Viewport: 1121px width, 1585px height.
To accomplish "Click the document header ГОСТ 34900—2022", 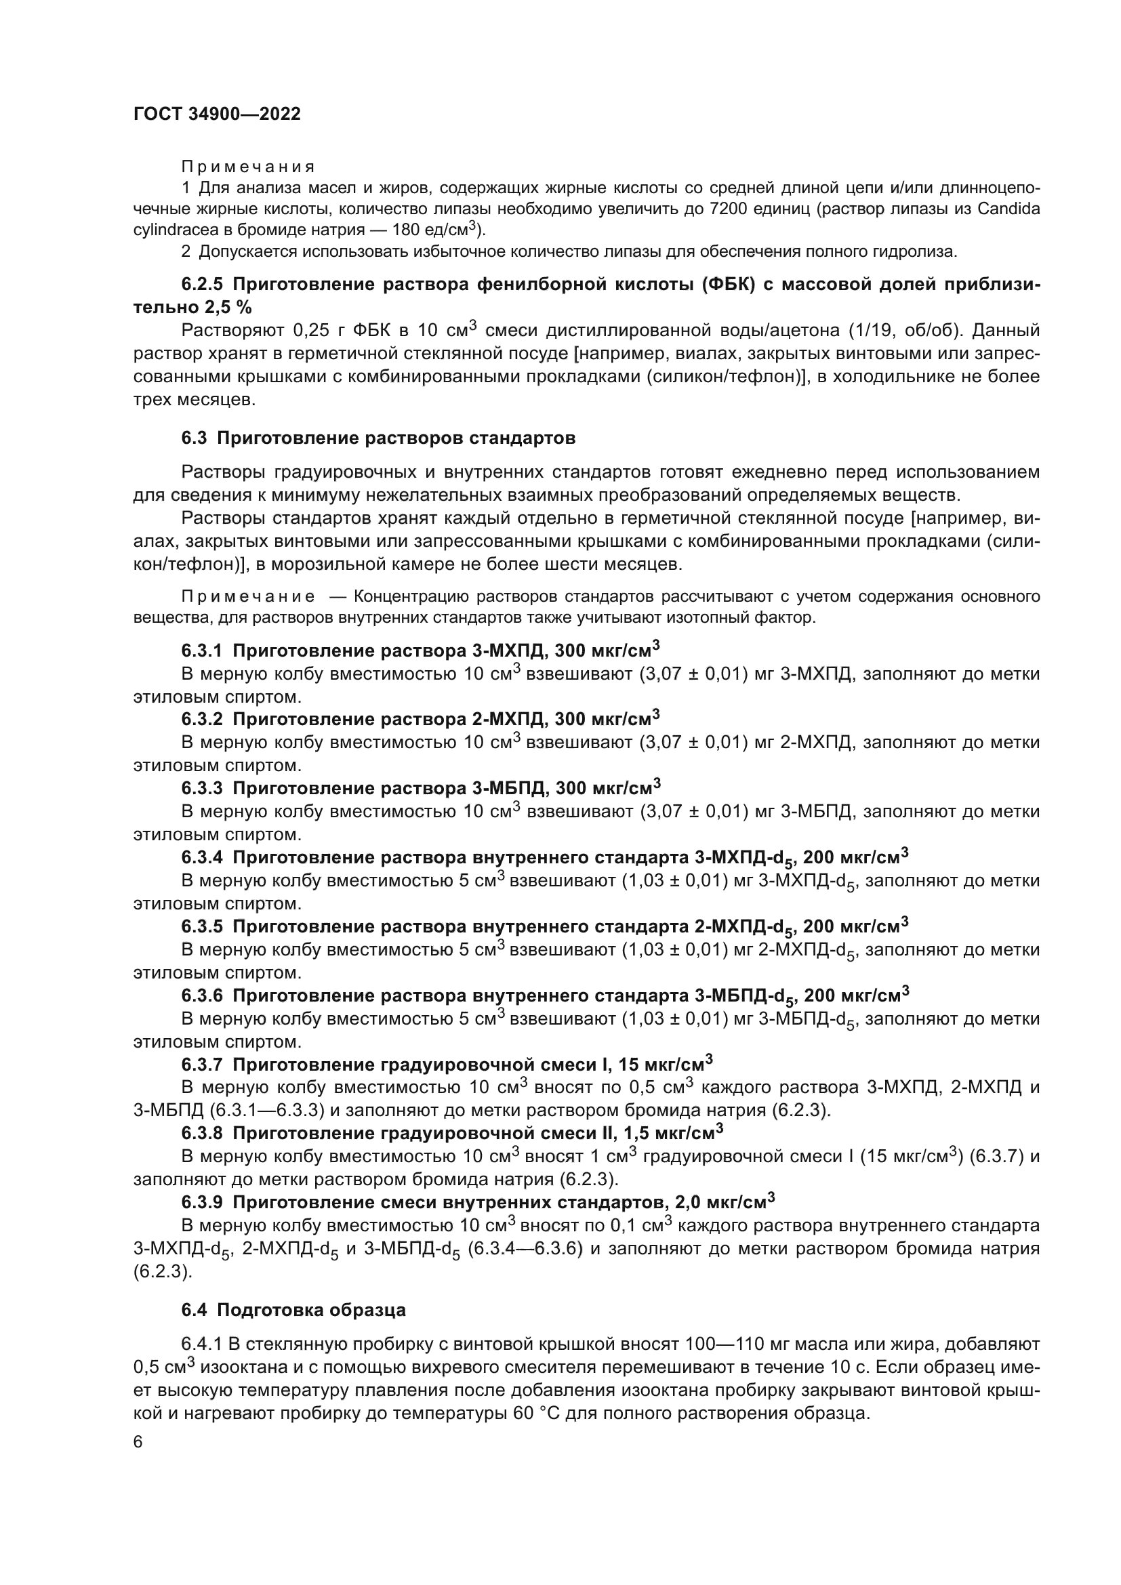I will click(217, 115).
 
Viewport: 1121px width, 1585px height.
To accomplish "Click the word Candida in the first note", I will click(1008, 209).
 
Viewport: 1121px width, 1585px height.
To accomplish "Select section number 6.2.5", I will click(203, 285).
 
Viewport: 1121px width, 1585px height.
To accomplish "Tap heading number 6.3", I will click(194, 438).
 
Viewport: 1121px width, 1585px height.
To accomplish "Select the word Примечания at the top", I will click(248, 167).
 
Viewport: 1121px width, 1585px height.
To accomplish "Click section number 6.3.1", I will click(202, 651).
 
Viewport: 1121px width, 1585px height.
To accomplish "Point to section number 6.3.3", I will click(202, 788).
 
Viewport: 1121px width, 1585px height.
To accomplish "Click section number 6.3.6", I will click(202, 995).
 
